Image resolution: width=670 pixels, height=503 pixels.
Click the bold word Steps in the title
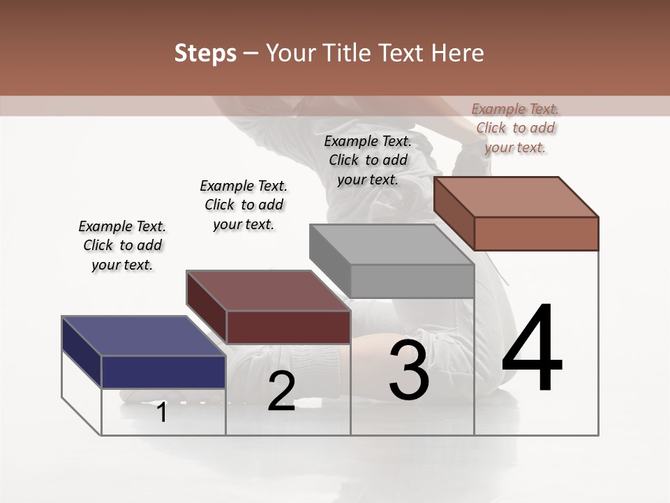(x=205, y=54)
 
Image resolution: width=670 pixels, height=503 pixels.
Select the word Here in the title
(x=458, y=54)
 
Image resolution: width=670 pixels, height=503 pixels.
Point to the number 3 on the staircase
(x=409, y=370)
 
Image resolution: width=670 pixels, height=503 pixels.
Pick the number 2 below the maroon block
(x=281, y=391)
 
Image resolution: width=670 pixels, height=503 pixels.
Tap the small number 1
(x=162, y=413)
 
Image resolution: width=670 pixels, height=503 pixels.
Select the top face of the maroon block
(x=268, y=291)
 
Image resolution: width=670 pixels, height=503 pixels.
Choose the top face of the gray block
(x=392, y=245)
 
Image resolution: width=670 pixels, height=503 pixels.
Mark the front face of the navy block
(x=164, y=372)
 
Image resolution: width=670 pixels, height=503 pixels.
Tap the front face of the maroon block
(x=288, y=327)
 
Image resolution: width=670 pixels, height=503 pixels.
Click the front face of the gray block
(x=412, y=281)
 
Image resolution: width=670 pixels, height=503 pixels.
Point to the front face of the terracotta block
(x=536, y=233)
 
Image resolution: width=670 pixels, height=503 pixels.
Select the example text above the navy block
(x=122, y=245)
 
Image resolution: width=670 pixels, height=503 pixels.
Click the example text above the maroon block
(x=244, y=205)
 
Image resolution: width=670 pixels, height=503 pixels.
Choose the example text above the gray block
(x=368, y=160)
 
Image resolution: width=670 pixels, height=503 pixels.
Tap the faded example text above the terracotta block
(x=515, y=128)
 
